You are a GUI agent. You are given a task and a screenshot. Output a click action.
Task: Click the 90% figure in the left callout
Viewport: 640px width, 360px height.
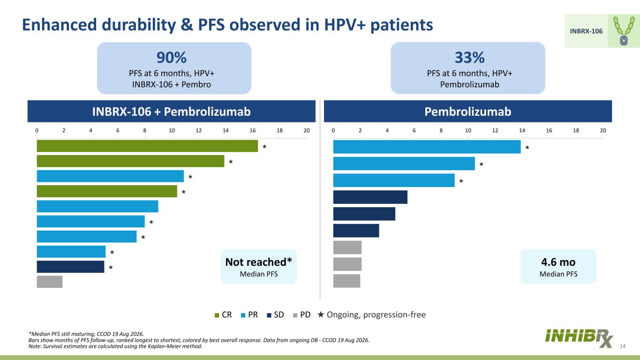tap(172, 58)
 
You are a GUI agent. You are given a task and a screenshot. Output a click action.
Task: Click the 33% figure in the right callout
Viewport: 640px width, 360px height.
tap(469, 58)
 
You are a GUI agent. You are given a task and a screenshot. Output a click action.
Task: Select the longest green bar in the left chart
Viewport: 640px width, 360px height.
tap(147, 146)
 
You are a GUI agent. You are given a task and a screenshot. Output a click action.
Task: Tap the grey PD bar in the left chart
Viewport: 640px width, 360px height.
tap(49, 282)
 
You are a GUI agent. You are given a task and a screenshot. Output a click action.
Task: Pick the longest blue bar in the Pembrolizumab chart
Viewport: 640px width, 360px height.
tap(427, 147)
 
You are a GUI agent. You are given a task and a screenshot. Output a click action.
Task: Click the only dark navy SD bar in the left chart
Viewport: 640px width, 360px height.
tap(71, 267)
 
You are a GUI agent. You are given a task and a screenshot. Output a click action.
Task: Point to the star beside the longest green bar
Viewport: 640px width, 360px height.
tap(264, 146)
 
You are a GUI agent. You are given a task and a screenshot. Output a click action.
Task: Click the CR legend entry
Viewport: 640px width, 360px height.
tap(223, 315)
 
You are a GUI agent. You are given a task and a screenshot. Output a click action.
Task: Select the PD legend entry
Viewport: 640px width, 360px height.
tap(302, 315)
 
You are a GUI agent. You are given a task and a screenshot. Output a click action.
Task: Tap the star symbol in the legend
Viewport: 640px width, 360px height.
tap(321, 314)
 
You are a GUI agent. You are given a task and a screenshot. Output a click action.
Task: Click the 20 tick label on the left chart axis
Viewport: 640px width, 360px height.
tap(307, 130)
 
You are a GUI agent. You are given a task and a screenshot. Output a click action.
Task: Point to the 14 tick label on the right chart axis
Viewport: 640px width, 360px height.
tap(522, 130)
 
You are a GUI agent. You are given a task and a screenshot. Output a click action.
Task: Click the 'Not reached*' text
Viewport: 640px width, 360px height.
tap(258, 262)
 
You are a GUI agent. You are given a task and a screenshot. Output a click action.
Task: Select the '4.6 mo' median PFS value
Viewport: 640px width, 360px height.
tap(558, 262)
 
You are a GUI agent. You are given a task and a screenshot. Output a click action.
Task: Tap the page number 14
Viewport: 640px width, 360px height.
tap(623, 346)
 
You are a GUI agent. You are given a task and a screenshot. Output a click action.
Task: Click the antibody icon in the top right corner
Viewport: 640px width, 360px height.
tap(624, 31)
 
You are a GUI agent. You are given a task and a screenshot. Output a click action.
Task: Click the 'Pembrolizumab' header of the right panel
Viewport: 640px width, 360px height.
tap(468, 112)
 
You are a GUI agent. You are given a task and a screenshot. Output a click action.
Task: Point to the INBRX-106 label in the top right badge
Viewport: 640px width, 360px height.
tap(586, 31)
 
